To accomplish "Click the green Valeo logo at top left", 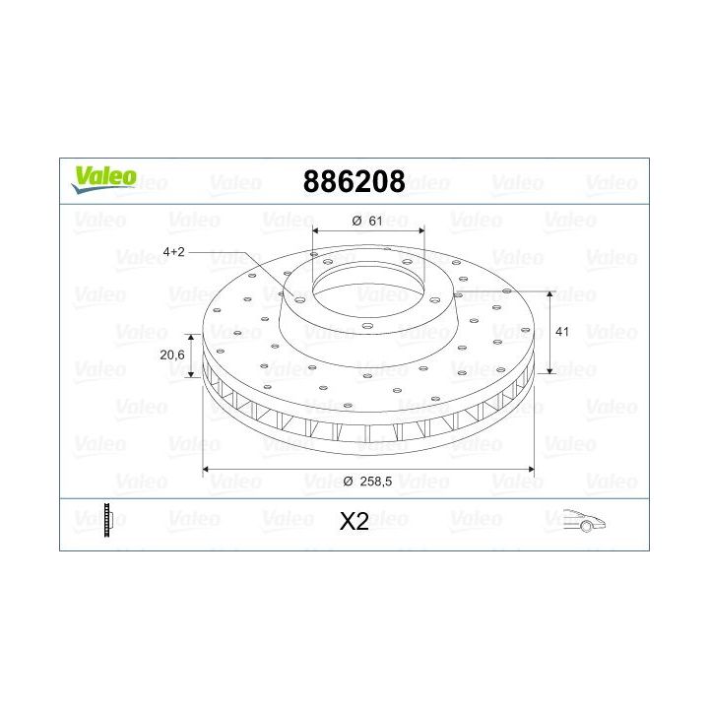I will click(101, 175).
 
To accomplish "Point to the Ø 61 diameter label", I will click(366, 221).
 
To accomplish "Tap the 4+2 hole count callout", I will click(174, 252).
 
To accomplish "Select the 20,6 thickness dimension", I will click(173, 355).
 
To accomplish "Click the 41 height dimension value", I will click(563, 333).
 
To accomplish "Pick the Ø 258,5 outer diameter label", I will click(368, 481).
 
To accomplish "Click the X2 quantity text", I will click(354, 522).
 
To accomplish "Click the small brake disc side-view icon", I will click(107, 519).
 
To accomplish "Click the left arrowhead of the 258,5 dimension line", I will click(207, 469).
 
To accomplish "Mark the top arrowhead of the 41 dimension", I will click(550, 295).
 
